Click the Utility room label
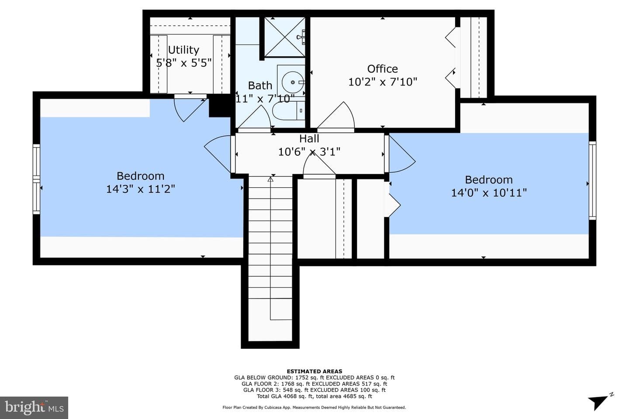pyautogui.click(x=183, y=50)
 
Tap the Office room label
pyautogui.click(x=382, y=69)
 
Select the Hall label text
pyautogui.click(x=309, y=138)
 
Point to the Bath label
pyautogui.click(x=260, y=85)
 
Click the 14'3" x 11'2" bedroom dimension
pyautogui.click(x=140, y=189)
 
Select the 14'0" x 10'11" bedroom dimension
pyautogui.click(x=489, y=193)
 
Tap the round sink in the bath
pyautogui.click(x=293, y=82)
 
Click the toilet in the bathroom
pyautogui.click(x=288, y=110)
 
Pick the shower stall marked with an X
pyautogui.click(x=285, y=37)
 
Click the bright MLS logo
pyautogui.click(x=34, y=408)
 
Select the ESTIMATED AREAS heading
pyautogui.click(x=314, y=371)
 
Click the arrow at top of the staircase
pyautogui.click(x=270, y=179)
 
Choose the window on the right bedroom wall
pyautogui.click(x=592, y=180)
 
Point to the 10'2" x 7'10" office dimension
pyautogui.click(x=383, y=82)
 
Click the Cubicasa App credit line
pyautogui.click(x=314, y=407)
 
